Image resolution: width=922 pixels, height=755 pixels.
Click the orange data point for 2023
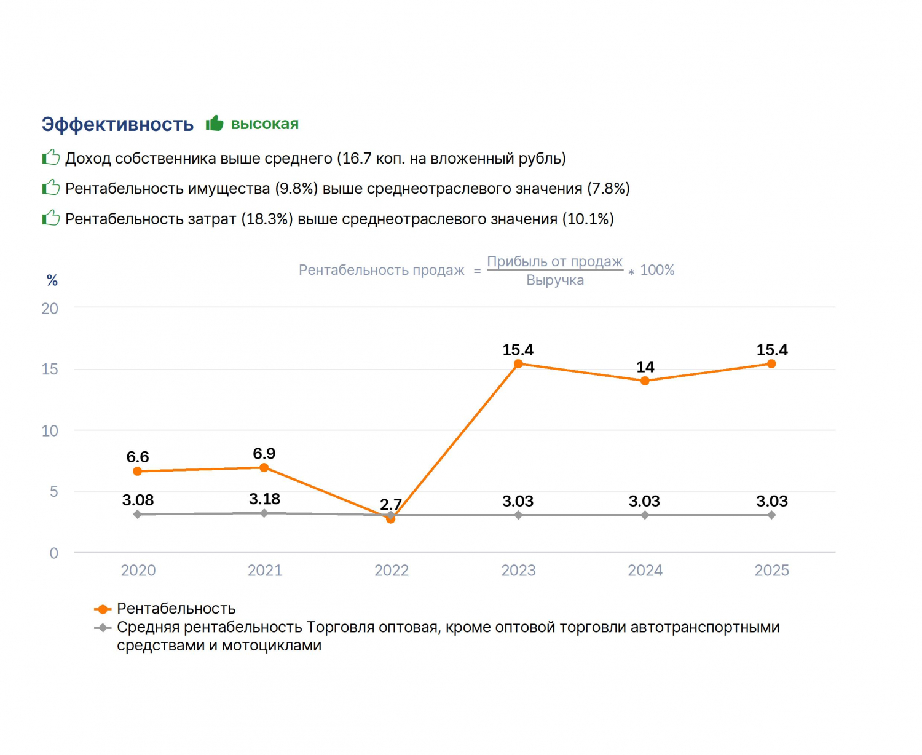[x=518, y=363]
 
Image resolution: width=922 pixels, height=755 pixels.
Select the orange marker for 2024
[x=645, y=381]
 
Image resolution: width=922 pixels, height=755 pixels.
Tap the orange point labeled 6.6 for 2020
[x=137, y=471]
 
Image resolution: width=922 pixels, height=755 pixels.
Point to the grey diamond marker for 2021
[x=264, y=513]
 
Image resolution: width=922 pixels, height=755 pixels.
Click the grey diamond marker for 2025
[x=771, y=515]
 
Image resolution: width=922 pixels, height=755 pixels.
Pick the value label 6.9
[x=264, y=453]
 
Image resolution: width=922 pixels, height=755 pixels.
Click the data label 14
[x=645, y=366]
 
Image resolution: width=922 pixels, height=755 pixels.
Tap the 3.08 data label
[x=138, y=500]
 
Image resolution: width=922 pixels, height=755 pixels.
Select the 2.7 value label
[x=391, y=504]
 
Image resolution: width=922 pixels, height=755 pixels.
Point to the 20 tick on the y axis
[x=50, y=309]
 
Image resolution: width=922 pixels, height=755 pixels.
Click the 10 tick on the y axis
[x=50, y=431]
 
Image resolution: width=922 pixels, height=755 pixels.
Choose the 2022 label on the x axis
[x=392, y=571]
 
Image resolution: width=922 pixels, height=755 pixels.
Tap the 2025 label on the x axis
[x=771, y=571]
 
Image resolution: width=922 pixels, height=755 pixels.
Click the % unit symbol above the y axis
[x=52, y=280]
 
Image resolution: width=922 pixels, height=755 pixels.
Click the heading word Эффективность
[x=117, y=124]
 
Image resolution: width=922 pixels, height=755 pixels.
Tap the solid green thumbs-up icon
[x=215, y=123]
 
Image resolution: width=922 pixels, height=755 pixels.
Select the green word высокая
[x=264, y=124]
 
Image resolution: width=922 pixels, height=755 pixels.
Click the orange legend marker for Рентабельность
[x=103, y=609]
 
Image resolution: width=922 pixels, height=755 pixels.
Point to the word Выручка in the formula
[x=555, y=280]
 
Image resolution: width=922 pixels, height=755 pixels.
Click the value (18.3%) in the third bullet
[x=267, y=219]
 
